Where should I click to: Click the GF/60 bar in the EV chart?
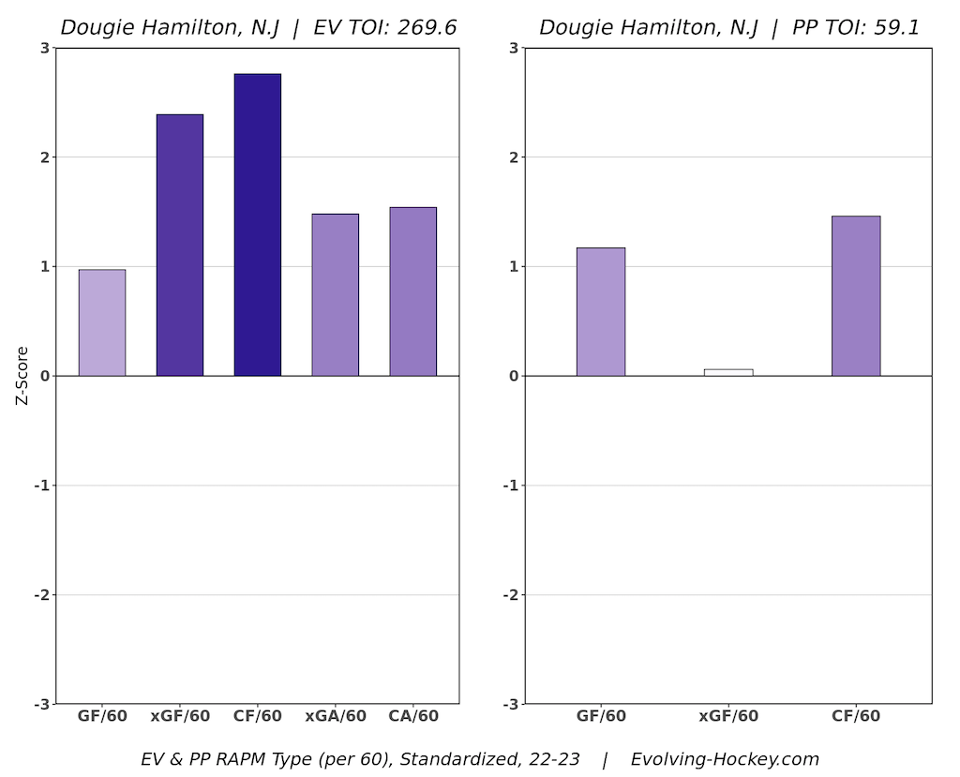101,322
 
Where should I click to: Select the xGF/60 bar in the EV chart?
179,245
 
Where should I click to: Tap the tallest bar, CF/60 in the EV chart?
257,225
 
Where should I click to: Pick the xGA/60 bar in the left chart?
335,294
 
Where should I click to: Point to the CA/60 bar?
412,291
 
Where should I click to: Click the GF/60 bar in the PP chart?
600,311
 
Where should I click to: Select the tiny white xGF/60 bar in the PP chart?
727,372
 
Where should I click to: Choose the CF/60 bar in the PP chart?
855,295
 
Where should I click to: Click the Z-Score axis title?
22,375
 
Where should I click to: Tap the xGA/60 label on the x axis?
335,716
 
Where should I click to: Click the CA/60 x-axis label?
412,716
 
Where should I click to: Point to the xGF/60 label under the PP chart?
727,716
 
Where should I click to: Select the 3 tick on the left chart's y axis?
45,48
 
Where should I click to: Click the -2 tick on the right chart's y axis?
511,594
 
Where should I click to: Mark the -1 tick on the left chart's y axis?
42,486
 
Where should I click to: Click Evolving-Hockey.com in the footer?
725,759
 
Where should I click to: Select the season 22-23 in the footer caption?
554,759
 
